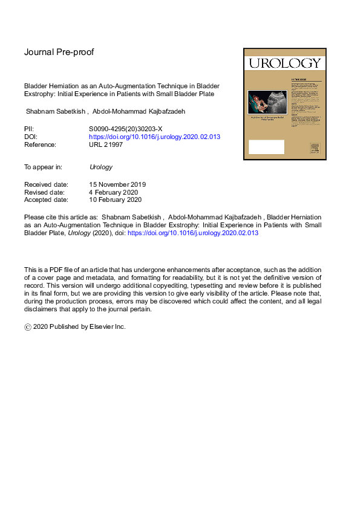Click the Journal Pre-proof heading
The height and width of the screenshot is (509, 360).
(x=59, y=52)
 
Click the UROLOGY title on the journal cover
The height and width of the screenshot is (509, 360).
(x=281, y=63)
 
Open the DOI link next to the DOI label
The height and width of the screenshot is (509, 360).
(x=154, y=137)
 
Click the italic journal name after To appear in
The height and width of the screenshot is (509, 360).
(x=100, y=167)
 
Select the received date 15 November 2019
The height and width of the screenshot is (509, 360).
(x=117, y=184)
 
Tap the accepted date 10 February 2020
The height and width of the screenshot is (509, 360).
(x=115, y=200)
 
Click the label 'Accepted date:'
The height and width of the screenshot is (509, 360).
(x=47, y=200)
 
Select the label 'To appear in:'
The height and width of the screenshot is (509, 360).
(x=44, y=167)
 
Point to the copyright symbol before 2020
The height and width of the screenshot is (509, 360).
(x=28, y=326)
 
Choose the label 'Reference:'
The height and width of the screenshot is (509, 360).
(x=40, y=145)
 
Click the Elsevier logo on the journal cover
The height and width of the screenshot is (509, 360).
(x=314, y=149)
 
